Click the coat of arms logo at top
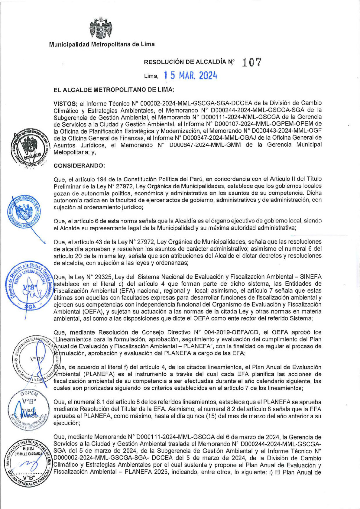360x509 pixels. [101, 29]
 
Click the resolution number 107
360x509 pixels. [251, 62]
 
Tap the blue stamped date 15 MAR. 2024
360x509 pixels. [190, 76]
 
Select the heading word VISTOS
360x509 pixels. [65, 103]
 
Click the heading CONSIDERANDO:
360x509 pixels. [79, 166]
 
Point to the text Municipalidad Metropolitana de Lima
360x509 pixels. [102, 44]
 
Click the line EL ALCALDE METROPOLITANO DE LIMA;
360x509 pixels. [114, 90]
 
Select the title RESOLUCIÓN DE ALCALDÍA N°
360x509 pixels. [189, 62]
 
